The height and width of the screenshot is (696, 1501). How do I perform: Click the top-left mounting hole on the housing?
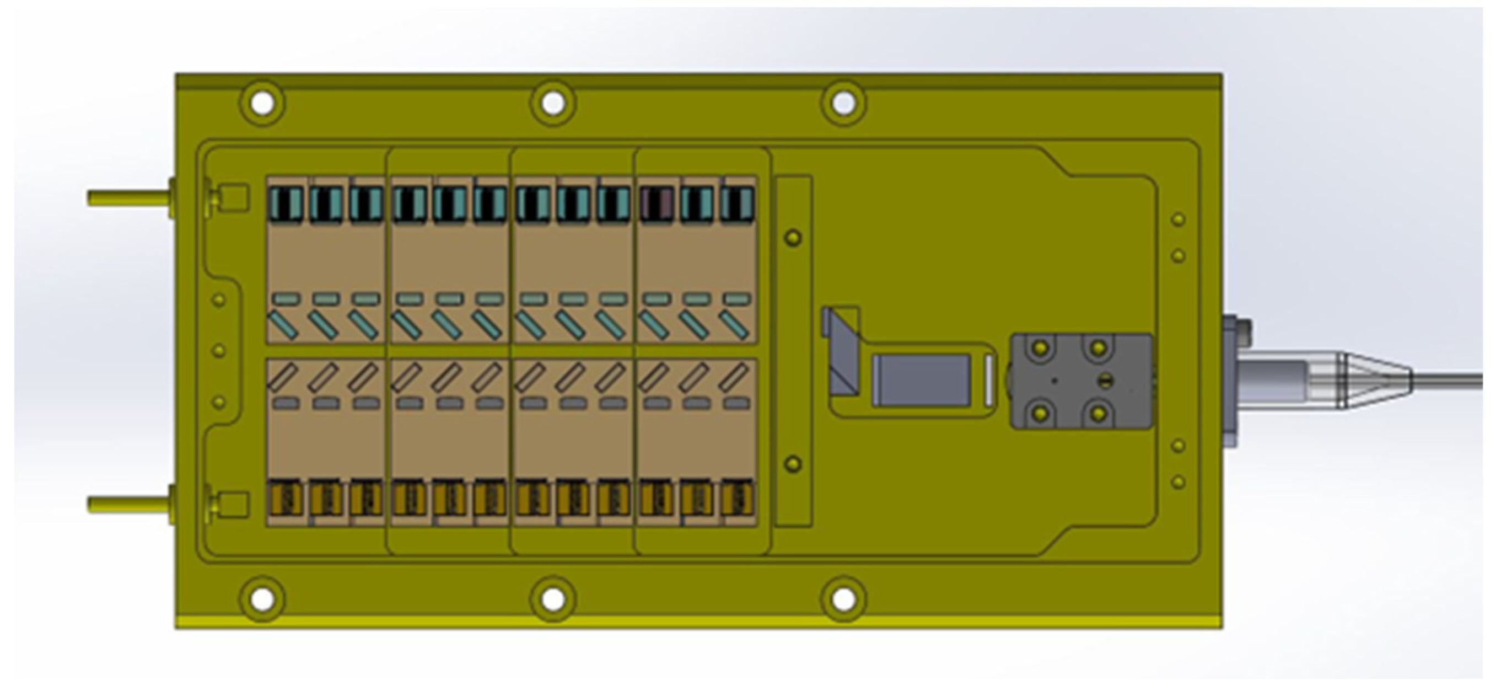(262, 104)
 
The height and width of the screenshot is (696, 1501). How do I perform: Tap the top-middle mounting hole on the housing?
(553, 104)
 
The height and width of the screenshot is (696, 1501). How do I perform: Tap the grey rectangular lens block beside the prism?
(921, 380)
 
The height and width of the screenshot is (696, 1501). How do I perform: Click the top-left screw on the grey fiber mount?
(1041, 349)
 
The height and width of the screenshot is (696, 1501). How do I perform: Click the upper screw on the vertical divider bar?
(793, 237)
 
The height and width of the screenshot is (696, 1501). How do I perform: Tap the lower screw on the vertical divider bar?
(793, 464)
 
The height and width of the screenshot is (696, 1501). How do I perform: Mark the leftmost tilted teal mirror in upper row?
(283, 325)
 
